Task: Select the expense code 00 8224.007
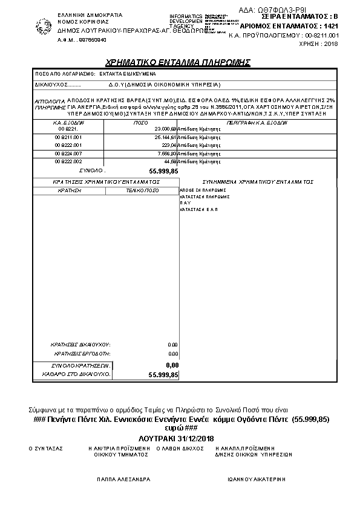[x=68, y=154]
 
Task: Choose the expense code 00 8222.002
[x=68, y=162]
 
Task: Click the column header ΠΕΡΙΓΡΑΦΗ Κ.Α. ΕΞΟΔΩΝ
[x=253, y=122]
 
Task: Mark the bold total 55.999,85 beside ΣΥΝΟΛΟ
[x=163, y=172]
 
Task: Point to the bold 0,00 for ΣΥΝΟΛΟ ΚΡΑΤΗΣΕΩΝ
[x=172, y=365]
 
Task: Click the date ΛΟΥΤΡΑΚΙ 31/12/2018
[x=181, y=438]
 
